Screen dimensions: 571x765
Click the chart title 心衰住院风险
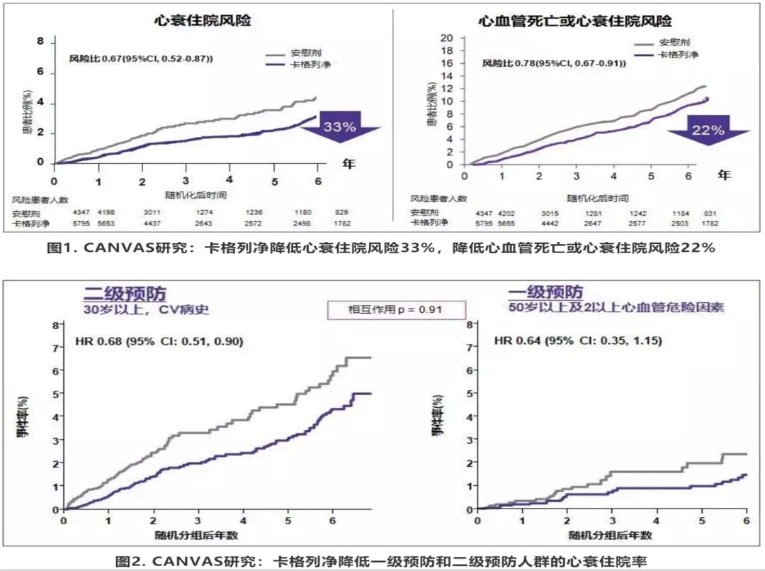coord(203,21)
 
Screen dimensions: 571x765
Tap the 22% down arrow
coord(708,130)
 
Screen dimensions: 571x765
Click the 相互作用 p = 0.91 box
coord(396,310)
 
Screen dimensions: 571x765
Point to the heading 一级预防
coord(545,292)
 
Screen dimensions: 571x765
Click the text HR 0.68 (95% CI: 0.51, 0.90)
coord(159,341)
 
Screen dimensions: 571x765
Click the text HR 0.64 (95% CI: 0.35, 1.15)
coord(578,341)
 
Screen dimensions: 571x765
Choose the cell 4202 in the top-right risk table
coord(508,214)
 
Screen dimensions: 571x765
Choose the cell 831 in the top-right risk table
coord(708,214)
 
